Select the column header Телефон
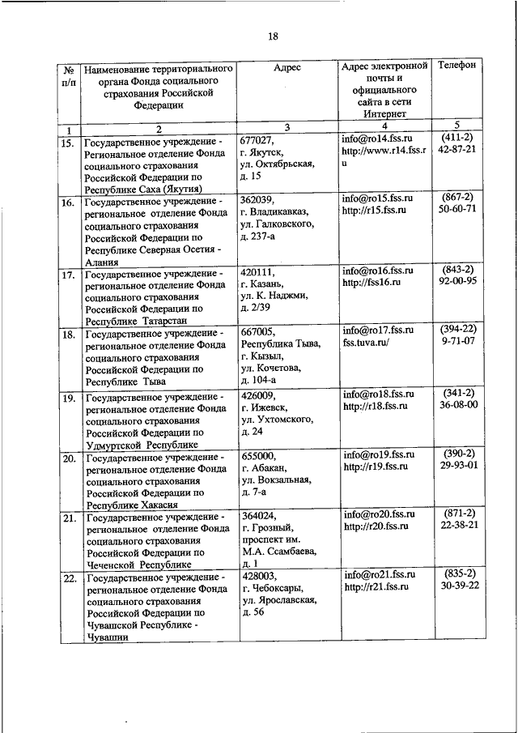456,64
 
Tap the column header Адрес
287,68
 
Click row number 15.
70,143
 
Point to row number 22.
70,578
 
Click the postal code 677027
259,139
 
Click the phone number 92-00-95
456,282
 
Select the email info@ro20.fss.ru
379,514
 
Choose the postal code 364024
259,515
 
